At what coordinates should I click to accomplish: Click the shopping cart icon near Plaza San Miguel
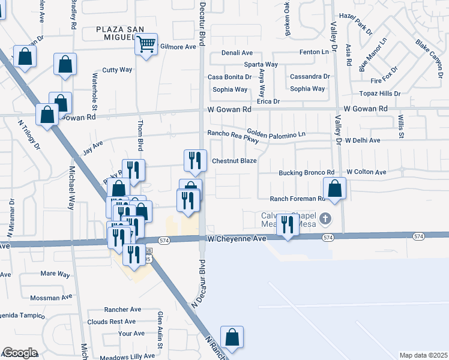[146, 44]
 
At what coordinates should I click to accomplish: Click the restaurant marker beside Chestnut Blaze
[194, 160]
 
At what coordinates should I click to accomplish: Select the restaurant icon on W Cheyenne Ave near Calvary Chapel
[287, 225]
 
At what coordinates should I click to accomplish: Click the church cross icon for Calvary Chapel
[325, 217]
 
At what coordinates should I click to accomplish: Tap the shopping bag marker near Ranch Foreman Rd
[335, 188]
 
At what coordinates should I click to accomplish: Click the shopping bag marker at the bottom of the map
[232, 338]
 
